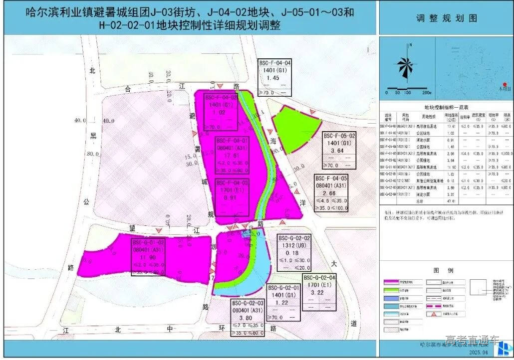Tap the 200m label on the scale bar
[x=426, y=93]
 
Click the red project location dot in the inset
[x=505, y=84]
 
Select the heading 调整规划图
[x=446, y=18]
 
